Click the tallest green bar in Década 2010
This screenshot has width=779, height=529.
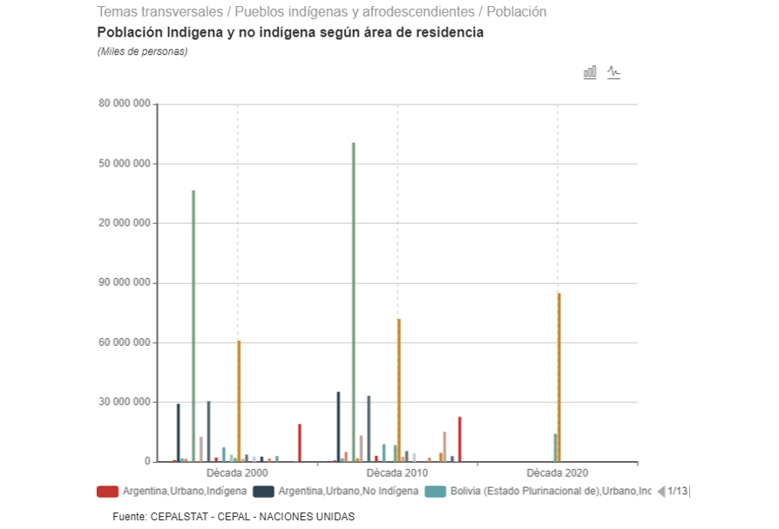click(x=353, y=302)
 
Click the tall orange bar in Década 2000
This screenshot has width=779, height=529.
click(x=239, y=400)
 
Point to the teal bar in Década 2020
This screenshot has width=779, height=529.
click(x=555, y=447)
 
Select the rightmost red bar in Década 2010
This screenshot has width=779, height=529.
click(x=460, y=439)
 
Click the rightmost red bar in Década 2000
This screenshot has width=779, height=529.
click(x=300, y=443)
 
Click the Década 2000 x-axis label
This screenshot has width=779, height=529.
click(x=237, y=473)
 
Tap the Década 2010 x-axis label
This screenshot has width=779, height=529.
click(x=397, y=473)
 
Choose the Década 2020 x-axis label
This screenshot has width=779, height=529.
click(x=558, y=473)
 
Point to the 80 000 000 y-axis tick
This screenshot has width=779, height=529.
click(x=126, y=105)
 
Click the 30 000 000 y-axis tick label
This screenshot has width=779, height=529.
click(x=126, y=403)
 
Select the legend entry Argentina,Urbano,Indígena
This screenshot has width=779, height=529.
click(x=173, y=492)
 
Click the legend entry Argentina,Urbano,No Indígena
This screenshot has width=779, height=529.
click(x=336, y=492)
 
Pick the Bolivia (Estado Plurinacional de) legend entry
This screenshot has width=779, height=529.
click(x=539, y=492)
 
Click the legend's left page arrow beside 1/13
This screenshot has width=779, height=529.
click(x=661, y=492)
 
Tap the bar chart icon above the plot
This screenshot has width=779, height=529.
click(x=590, y=72)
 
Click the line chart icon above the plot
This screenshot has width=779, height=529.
click(x=613, y=72)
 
